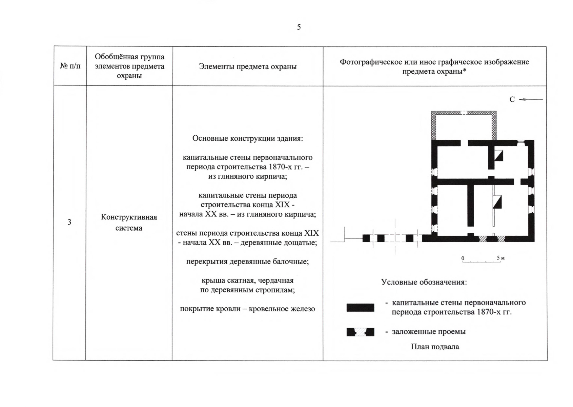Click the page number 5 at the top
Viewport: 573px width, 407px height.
click(299, 27)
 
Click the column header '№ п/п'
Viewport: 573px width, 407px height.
click(70, 66)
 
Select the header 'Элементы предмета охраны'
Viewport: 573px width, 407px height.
click(248, 66)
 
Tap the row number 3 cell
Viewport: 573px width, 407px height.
click(69, 222)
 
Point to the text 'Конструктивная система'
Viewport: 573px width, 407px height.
click(129, 222)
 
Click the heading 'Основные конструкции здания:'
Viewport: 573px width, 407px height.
click(247, 138)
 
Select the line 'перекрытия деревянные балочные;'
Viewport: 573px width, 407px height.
click(247, 261)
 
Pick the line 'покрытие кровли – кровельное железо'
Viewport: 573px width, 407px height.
click(247, 309)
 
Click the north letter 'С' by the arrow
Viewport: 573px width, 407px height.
click(512, 99)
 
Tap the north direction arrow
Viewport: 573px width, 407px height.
click(531, 99)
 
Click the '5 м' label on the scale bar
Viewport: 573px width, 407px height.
click(501, 258)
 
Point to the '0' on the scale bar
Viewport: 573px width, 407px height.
click(463, 258)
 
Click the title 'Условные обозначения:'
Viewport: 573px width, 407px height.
click(424, 282)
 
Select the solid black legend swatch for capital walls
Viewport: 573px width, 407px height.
click(360, 308)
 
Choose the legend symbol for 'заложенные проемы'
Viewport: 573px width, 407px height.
click(360, 332)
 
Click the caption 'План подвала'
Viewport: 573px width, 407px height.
click(435, 347)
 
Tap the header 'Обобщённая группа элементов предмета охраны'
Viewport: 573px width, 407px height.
click(129, 66)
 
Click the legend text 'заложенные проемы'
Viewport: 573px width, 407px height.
click(429, 331)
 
